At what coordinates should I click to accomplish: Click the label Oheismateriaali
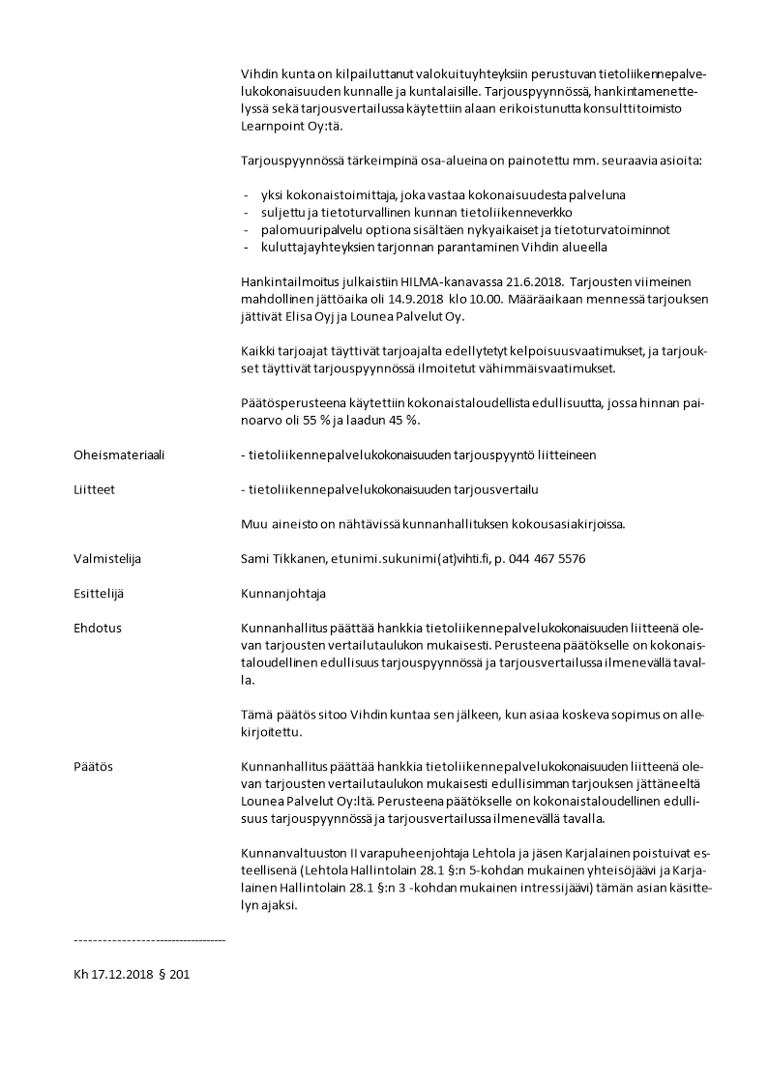coord(119,455)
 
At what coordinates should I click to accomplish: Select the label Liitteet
coord(94,489)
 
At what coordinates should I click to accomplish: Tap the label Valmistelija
coord(108,559)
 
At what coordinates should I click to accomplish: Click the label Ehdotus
coord(98,628)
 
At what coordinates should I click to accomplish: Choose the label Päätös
coord(93,766)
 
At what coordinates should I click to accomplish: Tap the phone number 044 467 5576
coord(545,559)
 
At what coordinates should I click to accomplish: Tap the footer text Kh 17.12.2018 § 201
coord(132,975)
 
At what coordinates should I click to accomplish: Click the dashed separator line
coord(149,939)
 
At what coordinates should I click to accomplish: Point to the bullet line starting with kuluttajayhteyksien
coord(433,247)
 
